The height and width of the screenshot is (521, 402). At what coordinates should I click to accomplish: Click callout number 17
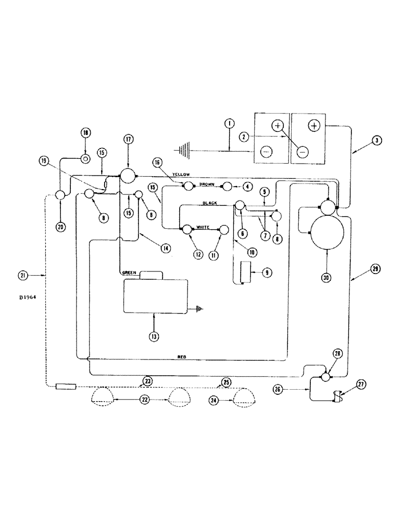pos(128,139)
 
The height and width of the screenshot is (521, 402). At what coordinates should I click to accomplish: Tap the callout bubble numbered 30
pos(326,278)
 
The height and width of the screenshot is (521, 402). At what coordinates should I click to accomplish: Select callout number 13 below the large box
pos(154,337)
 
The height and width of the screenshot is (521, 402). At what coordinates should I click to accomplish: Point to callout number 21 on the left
pos(22,275)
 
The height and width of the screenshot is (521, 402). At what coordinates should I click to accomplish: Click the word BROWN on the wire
pos(207,184)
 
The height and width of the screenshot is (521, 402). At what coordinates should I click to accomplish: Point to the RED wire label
pos(182,357)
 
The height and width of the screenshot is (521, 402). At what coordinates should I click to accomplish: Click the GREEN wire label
pos(129,272)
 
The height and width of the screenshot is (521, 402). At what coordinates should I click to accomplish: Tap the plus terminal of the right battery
pos(315,126)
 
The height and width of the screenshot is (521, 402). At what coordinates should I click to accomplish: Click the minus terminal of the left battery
pos(266,151)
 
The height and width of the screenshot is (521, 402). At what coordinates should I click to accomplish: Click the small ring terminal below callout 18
pos(85,157)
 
